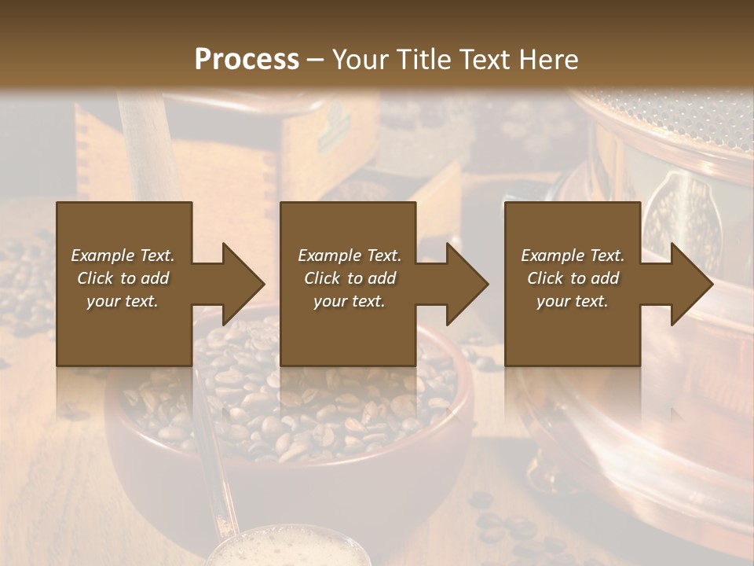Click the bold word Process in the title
(247, 60)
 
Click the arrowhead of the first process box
(243, 284)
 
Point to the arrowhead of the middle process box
(467, 284)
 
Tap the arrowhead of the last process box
(692, 284)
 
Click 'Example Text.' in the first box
(123, 255)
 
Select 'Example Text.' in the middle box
(350, 255)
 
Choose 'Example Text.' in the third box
(573, 255)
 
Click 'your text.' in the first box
(123, 301)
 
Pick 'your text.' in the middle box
(350, 301)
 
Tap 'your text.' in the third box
(573, 301)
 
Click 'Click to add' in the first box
(123, 278)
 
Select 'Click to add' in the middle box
(350, 278)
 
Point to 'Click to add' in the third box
(573, 278)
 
